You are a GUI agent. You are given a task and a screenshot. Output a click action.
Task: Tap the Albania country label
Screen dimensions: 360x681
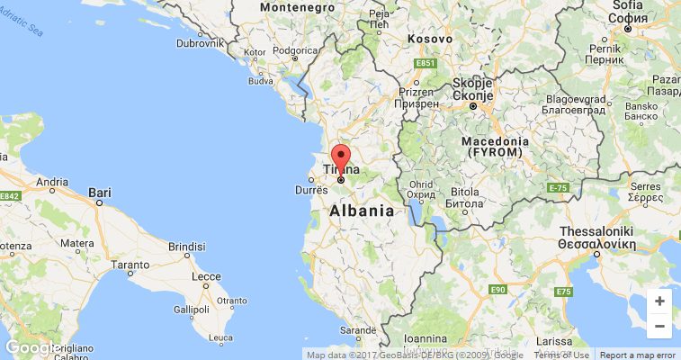tap(362, 211)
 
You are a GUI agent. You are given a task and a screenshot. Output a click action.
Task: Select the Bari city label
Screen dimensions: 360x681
tap(100, 192)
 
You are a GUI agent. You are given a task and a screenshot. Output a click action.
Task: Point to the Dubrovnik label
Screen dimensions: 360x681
tap(200, 42)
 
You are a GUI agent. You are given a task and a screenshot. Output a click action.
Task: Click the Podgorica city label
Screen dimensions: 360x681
tap(296, 51)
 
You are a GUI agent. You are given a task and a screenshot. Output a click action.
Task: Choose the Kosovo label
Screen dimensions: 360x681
tap(429, 39)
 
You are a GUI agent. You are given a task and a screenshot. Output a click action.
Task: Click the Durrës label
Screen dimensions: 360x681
tap(312, 190)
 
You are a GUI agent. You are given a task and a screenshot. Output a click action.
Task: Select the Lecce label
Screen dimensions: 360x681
tap(206, 275)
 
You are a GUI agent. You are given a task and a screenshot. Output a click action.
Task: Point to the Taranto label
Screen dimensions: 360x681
tap(130, 265)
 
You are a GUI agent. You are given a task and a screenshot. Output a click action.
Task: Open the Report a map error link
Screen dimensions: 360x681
tap(638, 355)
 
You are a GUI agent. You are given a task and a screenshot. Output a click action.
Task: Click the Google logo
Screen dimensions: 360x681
tap(31, 347)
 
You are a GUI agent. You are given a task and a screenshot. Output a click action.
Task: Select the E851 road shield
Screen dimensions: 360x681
tap(426, 63)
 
